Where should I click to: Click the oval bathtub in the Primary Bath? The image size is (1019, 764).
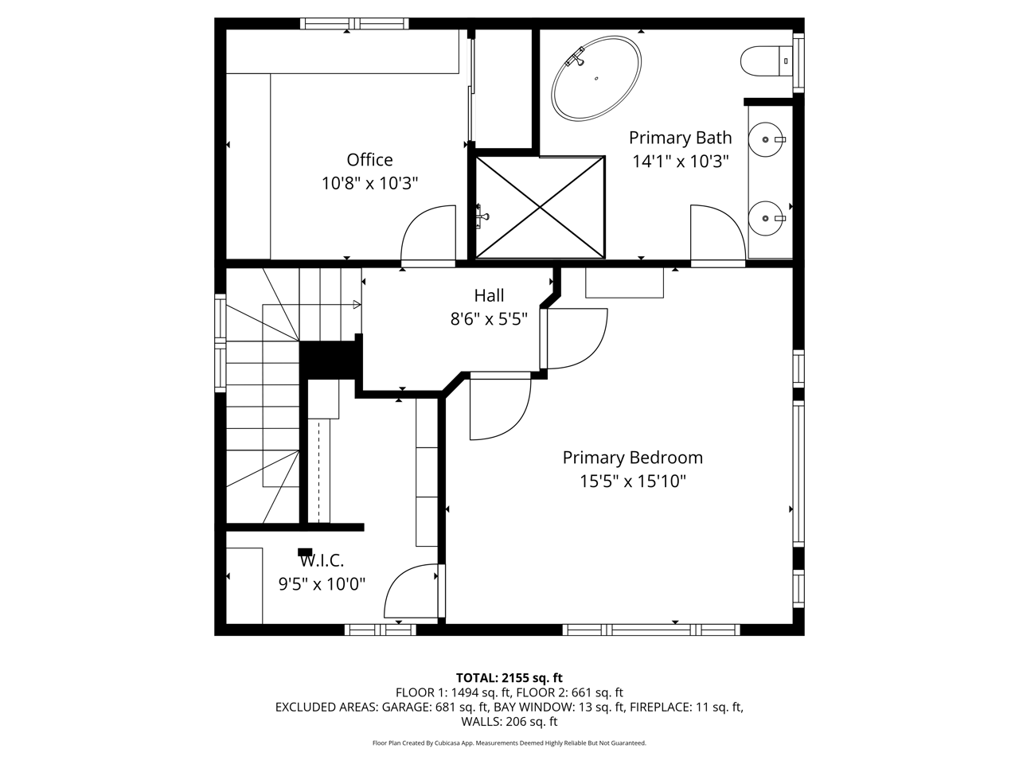(x=596, y=79)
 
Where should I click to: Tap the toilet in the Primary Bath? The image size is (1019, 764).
(x=766, y=60)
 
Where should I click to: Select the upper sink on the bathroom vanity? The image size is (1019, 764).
(x=766, y=139)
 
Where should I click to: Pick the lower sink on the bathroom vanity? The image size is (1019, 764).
(x=766, y=218)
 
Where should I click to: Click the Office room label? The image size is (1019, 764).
(x=369, y=160)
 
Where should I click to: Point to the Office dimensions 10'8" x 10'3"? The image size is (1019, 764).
(x=369, y=183)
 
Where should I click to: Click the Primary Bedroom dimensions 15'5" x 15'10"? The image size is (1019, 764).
(x=632, y=481)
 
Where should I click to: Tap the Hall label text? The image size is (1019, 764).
(x=489, y=295)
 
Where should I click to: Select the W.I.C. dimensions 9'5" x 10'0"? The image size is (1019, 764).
(x=322, y=583)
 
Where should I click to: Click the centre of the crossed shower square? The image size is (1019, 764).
(x=541, y=208)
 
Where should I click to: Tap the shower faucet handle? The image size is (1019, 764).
(x=482, y=216)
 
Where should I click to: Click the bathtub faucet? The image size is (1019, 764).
(x=576, y=57)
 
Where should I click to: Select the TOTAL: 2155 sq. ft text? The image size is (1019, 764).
(x=509, y=678)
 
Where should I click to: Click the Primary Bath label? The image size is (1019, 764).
(x=680, y=138)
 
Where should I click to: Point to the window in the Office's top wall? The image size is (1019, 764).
(x=354, y=23)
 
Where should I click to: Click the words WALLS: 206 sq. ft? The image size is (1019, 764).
(x=509, y=721)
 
